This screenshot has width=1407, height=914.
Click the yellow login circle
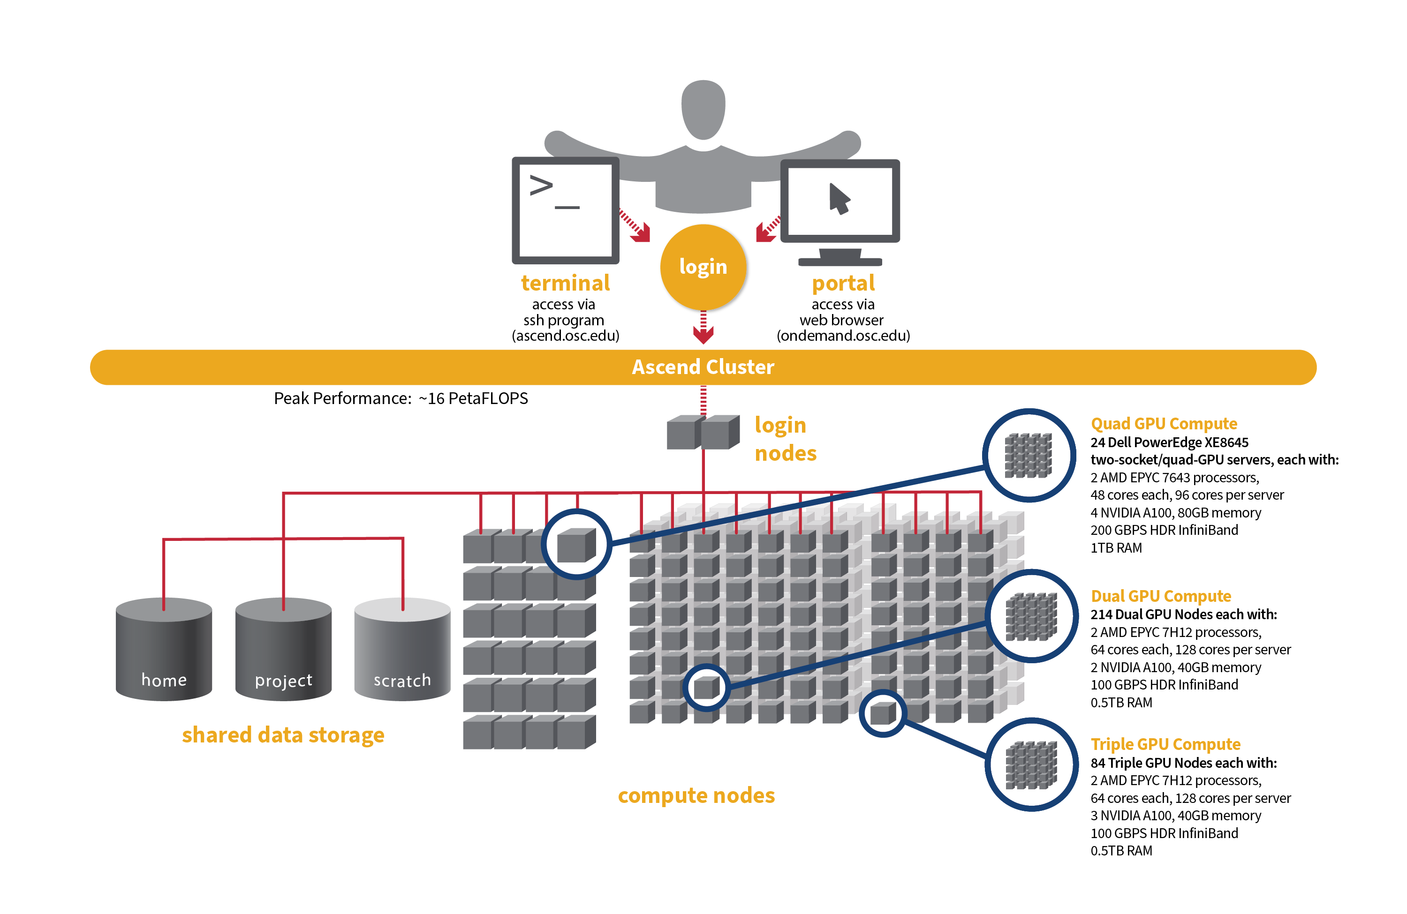pos(703,267)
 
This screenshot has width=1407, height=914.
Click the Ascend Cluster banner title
pos(703,367)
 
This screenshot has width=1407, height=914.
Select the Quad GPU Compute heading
pos(1164,424)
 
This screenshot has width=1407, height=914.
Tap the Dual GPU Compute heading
pos(1160,596)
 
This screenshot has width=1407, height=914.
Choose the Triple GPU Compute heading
pos(1165,744)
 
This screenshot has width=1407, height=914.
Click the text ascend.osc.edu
pos(565,336)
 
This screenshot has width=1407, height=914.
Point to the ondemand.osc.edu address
pos(843,336)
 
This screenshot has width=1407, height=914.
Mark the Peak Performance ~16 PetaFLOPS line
pos(401,398)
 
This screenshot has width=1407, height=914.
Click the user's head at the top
pos(703,109)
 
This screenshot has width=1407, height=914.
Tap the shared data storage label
pos(283,735)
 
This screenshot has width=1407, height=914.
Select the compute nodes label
pos(696,795)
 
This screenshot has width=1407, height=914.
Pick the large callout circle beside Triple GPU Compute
pos(1032,765)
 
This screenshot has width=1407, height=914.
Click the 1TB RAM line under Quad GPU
pos(1116,547)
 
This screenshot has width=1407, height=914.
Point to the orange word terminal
pos(565,283)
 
